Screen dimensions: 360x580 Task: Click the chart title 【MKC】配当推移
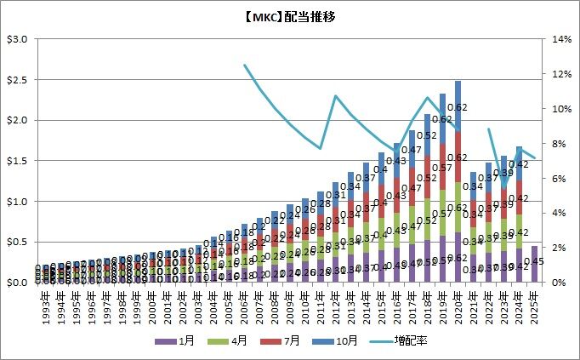(290, 14)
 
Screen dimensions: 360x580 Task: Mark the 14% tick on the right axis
(560, 39)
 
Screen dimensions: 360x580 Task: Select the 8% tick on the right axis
(558, 144)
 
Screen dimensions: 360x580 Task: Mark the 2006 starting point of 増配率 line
(245, 65)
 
